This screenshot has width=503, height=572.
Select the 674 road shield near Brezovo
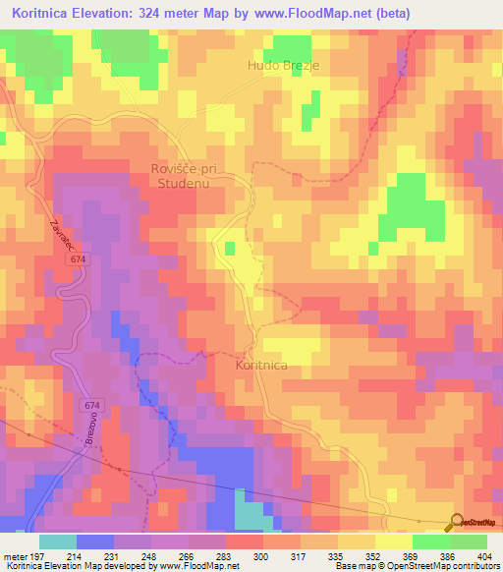[92, 404]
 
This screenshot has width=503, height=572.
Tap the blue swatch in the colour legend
[95, 542]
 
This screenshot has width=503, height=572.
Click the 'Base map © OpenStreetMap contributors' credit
[416, 566]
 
